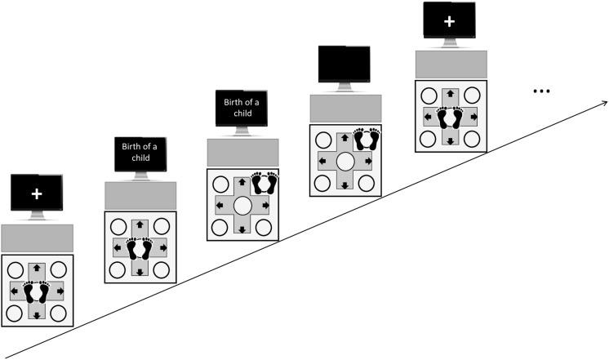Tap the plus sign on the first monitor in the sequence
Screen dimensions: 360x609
(37, 195)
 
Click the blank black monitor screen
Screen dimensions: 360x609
(345, 64)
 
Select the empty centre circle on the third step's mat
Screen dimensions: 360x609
(242, 205)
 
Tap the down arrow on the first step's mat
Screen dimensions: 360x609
(37, 314)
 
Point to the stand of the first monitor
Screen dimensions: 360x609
(37, 217)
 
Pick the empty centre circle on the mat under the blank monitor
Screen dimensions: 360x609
(345, 162)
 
